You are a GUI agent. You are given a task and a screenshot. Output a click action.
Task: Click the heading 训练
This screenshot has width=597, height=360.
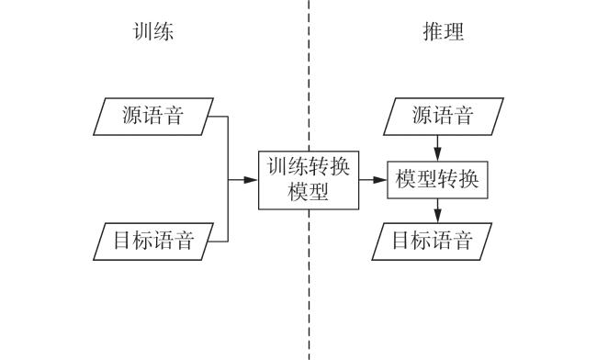153,31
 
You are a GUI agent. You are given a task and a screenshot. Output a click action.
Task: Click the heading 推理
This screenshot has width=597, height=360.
444,31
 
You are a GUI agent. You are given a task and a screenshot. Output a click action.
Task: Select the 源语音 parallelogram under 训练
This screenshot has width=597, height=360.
153,117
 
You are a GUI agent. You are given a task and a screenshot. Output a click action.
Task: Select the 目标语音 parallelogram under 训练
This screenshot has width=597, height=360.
153,242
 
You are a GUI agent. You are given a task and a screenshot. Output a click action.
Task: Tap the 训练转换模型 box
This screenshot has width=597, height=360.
309,180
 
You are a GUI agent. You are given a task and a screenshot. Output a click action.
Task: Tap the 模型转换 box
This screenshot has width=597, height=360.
437,180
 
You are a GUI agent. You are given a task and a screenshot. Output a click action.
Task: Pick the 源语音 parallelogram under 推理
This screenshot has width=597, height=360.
444,117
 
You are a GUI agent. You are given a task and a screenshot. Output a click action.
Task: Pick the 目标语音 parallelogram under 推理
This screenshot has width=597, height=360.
432,242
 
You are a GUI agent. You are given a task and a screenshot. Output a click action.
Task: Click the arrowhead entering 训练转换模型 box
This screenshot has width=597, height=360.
251,180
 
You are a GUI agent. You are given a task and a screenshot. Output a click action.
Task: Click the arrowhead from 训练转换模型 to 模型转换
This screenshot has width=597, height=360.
380,180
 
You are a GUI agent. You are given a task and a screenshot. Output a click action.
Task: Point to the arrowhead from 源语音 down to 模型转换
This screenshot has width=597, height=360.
437,154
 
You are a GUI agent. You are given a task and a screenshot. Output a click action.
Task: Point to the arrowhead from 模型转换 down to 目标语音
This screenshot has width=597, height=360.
437,216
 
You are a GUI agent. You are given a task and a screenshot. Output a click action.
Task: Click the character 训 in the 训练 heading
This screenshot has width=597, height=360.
142,31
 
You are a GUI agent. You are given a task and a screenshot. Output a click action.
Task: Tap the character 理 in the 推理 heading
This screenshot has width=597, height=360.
455,31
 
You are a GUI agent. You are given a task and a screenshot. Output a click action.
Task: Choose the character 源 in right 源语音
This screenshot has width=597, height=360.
422,116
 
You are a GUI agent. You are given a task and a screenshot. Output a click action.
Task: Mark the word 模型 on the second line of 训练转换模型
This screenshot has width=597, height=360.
309,191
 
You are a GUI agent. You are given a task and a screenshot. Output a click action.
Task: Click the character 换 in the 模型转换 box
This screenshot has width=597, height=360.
468,179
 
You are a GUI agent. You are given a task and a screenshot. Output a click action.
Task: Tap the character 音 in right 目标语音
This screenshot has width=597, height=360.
463,241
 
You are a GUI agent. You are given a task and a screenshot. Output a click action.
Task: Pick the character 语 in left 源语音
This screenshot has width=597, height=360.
153,116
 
